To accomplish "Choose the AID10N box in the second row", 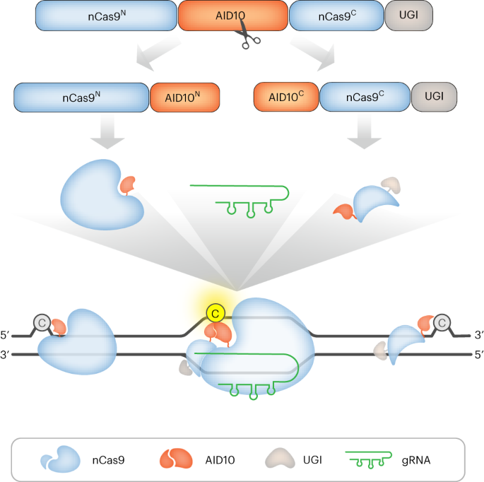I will [x=185, y=98].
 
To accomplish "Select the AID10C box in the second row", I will [x=286, y=97].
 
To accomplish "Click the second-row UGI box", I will [x=435, y=97].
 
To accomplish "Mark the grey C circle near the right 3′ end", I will [x=442, y=324].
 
